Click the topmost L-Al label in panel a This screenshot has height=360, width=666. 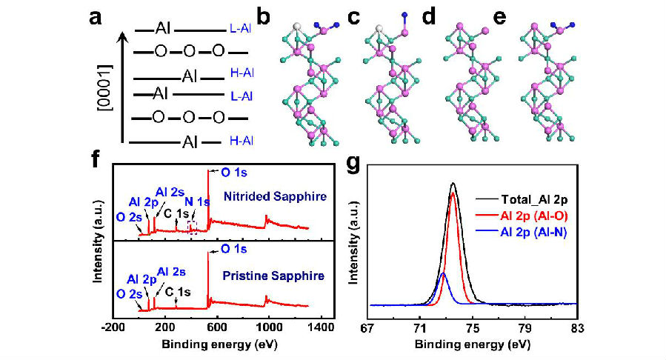click(x=242, y=29)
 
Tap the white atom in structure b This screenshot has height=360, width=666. click(x=296, y=27)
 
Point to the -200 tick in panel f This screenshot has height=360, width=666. click(x=113, y=324)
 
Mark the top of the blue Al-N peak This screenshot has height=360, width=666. click(x=443, y=273)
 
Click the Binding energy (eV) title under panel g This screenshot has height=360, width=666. click(x=471, y=344)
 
